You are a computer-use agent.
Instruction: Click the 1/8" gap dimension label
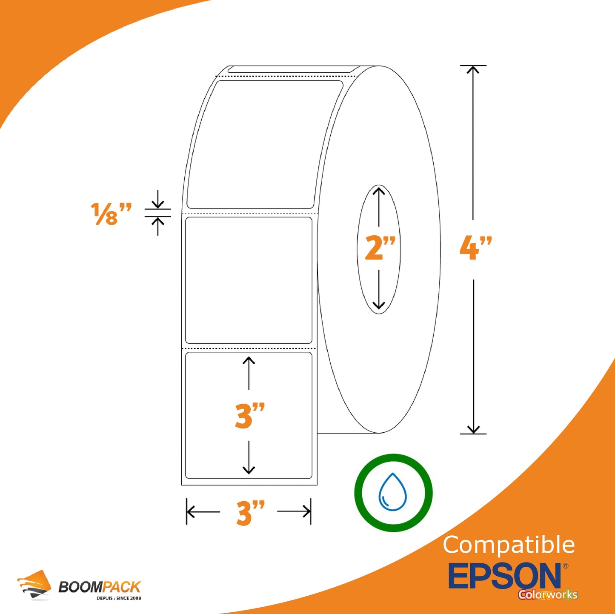tap(111, 214)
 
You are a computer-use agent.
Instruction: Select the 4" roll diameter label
tap(475, 248)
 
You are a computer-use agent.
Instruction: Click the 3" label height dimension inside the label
tap(250, 415)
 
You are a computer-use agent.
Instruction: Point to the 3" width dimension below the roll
tap(251, 513)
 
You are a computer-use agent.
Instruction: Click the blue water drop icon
tap(392, 491)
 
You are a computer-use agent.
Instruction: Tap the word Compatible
tap(509, 545)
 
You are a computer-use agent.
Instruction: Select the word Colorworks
tap(548, 594)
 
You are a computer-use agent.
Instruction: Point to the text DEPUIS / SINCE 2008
tap(119, 598)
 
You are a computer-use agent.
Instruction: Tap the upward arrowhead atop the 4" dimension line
tap(473, 70)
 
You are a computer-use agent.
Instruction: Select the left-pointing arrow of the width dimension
tap(203, 512)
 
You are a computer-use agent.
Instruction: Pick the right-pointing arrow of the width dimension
tap(294, 511)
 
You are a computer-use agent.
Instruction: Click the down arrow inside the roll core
tap(379, 290)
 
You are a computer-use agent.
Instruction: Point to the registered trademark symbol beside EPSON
tap(565, 566)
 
